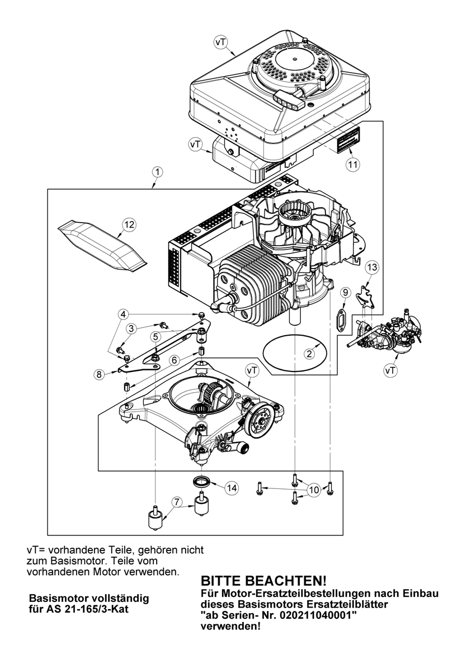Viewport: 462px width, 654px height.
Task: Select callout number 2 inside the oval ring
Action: click(308, 354)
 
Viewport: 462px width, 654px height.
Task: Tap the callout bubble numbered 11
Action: click(352, 164)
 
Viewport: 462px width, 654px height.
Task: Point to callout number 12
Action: click(129, 224)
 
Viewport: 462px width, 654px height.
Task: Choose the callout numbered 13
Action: click(373, 268)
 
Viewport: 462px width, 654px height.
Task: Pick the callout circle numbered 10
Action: click(313, 490)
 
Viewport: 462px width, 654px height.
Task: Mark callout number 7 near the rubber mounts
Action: click(177, 502)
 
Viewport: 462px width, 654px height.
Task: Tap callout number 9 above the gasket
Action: click(345, 292)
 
